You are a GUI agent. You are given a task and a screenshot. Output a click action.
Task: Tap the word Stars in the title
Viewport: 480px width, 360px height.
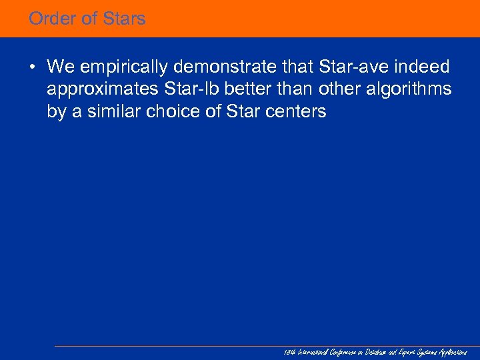124,19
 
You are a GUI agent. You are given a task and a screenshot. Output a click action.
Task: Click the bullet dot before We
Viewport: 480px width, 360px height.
33,67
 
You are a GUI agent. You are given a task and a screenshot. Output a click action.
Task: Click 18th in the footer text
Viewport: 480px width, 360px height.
288,352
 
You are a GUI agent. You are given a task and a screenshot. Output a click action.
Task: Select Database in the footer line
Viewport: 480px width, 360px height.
375,352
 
